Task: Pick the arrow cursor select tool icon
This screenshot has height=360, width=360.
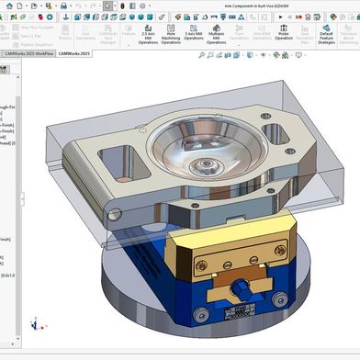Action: (x=107, y=6)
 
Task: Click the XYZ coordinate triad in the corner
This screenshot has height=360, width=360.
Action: (x=34, y=323)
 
